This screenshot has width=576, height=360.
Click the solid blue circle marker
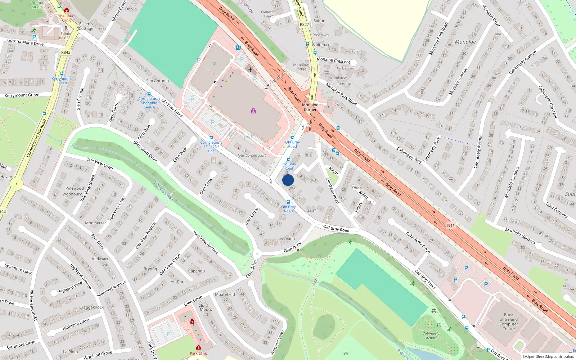point(288,180)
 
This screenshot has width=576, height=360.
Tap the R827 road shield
point(304,24)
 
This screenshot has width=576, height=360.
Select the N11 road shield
point(451,225)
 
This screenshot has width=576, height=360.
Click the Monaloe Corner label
point(310,107)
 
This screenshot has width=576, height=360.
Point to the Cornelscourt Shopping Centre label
point(149,103)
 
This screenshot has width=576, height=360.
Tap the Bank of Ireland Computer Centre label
point(508,321)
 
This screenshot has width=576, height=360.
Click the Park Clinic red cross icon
point(198,348)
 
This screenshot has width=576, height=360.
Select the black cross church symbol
point(250,69)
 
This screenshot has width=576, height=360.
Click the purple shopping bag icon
point(253,111)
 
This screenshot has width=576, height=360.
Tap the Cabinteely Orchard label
point(431,336)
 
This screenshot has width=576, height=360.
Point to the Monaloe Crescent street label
point(333,60)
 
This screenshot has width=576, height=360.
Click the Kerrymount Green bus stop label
point(62,81)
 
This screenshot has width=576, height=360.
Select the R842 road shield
point(66,52)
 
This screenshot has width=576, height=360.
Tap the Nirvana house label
point(287,239)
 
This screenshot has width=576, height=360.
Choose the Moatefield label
point(225,294)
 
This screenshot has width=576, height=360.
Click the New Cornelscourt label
point(252,156)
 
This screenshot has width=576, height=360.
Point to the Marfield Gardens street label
point(520,236)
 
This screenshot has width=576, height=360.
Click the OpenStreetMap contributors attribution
point(548,356)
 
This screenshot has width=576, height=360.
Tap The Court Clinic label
point(67,18)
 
